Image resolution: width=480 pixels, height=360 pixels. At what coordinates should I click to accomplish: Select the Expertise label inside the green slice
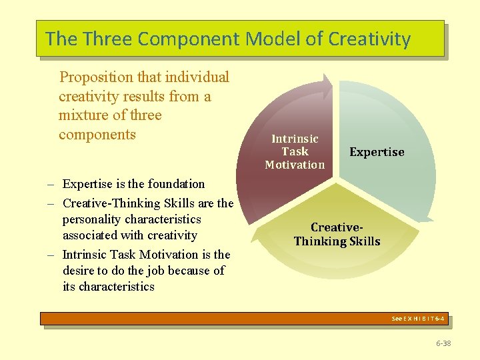click(x=377, y=152)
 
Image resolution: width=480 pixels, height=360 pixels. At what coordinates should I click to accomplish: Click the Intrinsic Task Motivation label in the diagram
click(x=295, y=151)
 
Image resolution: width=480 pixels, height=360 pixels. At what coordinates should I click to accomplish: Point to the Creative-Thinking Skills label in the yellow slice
click(x=337, y=234)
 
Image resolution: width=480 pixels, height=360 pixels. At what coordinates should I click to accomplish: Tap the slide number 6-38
click(x=443, y=343)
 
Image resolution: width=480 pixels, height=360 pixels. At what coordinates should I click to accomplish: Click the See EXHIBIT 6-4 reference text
click(x=419, y=319)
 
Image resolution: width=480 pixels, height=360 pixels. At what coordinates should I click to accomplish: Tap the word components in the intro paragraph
click(x=97, y=135)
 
